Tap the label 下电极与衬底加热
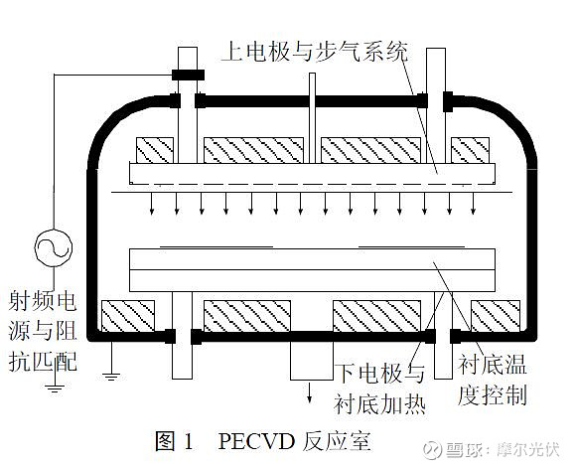tap(378, 388)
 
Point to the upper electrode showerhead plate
tap(312, 175)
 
